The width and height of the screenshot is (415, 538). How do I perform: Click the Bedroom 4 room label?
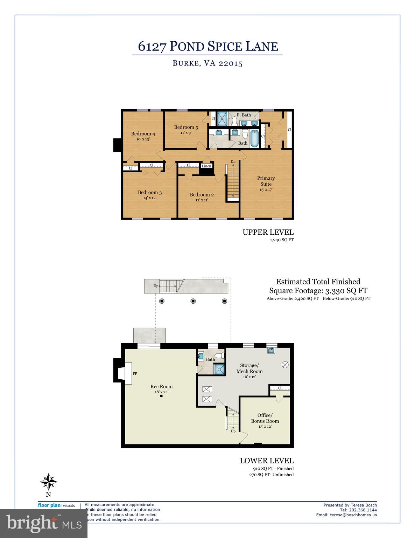(x=143, y=133)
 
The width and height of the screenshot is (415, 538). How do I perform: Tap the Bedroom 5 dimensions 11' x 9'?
(x=185, y=133)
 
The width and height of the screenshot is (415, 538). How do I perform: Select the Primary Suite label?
(x=266, y=181)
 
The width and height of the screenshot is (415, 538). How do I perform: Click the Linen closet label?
(x=206, y=166)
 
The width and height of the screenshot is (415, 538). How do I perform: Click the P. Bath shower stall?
(x=221, y=118)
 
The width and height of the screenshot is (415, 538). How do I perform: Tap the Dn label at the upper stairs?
(x=233, y=161)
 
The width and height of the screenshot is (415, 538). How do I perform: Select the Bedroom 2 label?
(x=202, y=195)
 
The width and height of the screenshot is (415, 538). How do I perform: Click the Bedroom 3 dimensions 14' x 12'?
(x=149, y=198)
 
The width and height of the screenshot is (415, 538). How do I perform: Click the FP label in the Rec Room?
(x=135, y=374)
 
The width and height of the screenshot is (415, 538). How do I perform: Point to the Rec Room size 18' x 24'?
(x=161, y=392)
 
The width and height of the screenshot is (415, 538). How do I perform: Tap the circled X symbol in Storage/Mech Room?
(x=285, y=365)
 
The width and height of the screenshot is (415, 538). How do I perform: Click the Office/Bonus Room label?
(x=265, y=418)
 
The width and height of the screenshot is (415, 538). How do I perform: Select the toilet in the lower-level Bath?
(x=219, y=356)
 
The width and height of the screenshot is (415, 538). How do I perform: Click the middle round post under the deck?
(x=193, y=301)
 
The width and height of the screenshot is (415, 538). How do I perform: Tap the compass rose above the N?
(x=48, y=482)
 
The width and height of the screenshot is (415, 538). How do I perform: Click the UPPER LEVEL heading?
(x=268, y=232)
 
